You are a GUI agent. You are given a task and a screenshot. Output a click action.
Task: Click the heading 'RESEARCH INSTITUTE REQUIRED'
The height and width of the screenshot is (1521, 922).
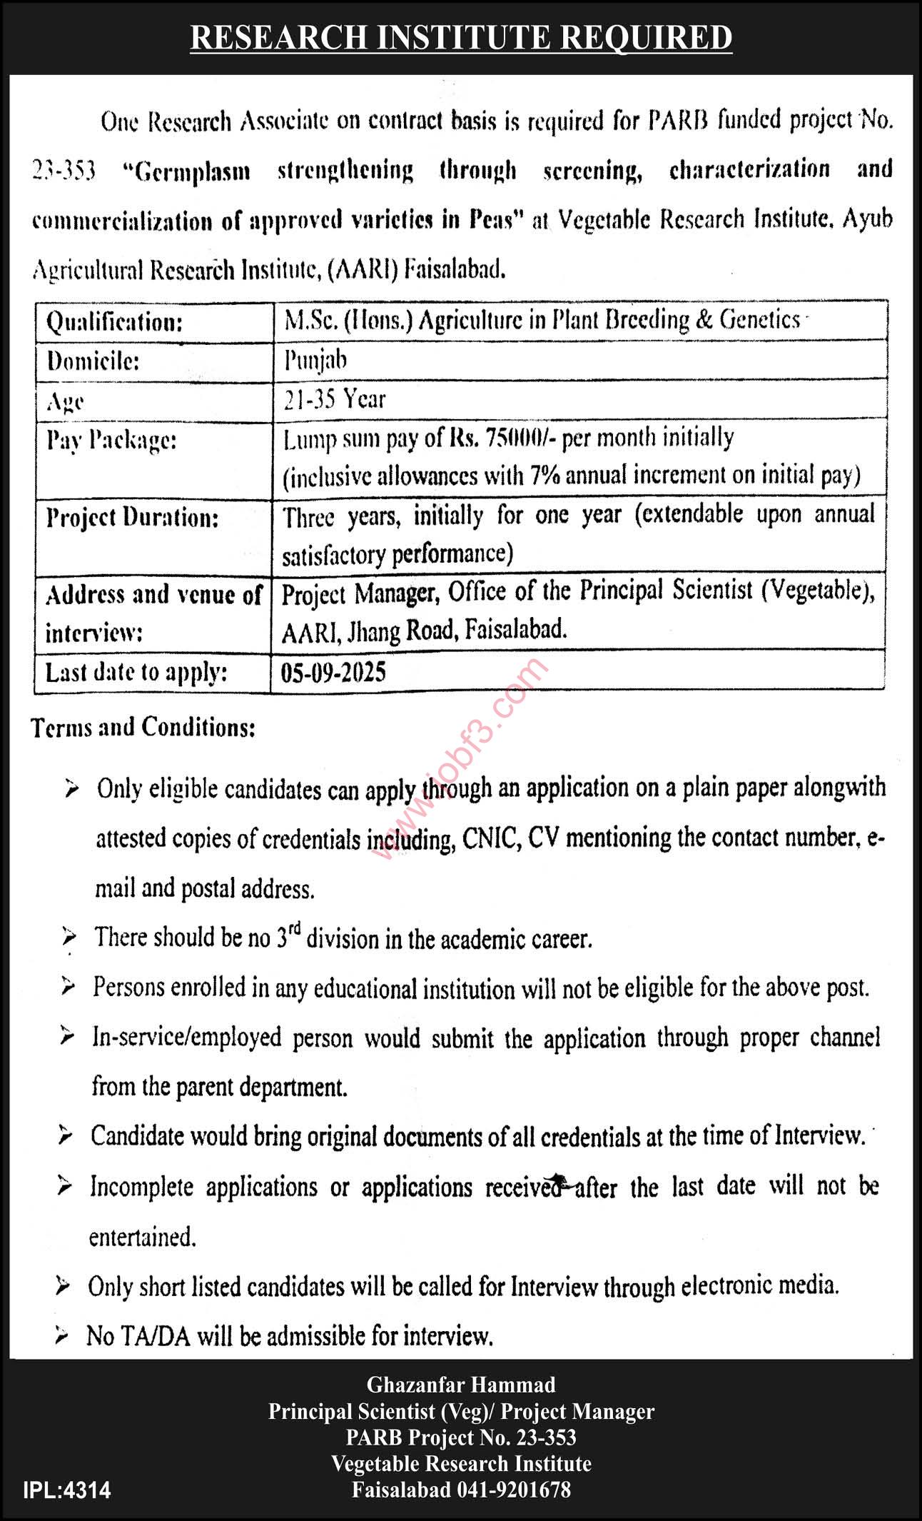[461, 37]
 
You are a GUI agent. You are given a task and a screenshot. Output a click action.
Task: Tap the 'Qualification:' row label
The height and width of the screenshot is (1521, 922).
[114, 323]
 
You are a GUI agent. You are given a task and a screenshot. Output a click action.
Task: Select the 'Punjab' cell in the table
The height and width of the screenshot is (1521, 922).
[315, 360]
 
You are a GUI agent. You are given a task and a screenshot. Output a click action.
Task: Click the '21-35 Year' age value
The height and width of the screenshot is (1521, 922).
[334, 399]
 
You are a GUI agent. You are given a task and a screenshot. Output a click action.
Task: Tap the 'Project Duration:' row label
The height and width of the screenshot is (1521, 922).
[132, 517]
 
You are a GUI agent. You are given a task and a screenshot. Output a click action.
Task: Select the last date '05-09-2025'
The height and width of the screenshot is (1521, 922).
[333, 672]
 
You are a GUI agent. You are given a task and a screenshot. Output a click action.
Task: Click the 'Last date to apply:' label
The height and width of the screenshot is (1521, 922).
[136, 673]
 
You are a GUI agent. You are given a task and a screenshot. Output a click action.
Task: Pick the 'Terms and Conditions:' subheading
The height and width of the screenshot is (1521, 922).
[143, 727]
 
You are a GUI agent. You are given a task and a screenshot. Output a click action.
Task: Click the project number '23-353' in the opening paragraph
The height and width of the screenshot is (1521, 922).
[64, 171]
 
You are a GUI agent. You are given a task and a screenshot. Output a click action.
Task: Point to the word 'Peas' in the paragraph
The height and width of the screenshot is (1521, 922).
[497, 220]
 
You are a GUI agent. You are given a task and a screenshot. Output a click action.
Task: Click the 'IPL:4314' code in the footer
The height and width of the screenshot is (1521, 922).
[67, 1491]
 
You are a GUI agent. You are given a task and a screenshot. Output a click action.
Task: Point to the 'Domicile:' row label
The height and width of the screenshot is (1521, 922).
[93, 361]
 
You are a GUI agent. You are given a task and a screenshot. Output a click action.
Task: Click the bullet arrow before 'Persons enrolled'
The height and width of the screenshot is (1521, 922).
[69, 988]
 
